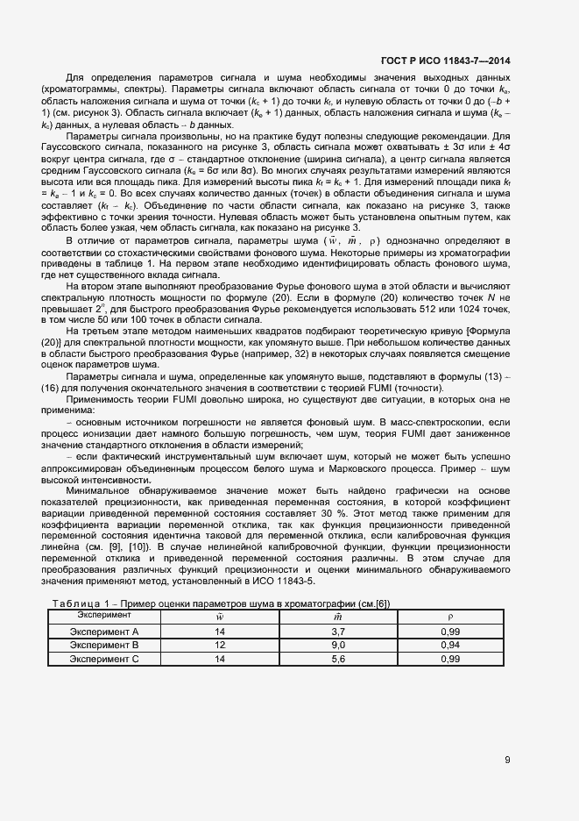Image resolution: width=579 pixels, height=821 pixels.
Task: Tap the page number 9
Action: point(507,760)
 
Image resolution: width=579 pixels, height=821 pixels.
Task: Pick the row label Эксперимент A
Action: point(104,631)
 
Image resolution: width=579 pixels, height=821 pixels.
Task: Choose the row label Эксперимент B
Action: point(104,645)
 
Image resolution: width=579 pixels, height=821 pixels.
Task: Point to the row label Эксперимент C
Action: point(104,659)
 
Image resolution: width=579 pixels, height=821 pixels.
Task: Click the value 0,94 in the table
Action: point(450,645)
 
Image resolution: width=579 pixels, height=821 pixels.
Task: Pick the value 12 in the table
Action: point(220,645)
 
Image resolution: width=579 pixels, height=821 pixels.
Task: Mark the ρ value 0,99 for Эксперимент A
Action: point(450,631)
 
